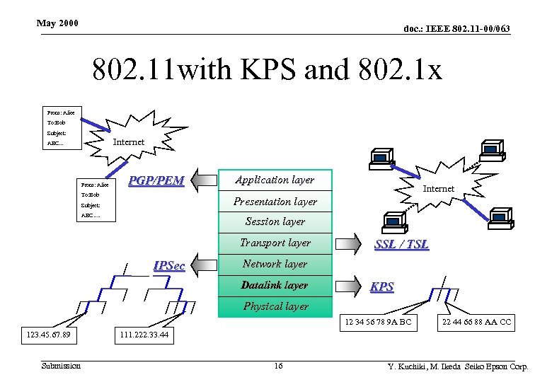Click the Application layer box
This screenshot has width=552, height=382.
pyautogui.click(x=275, y=180)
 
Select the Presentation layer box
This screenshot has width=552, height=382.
pyautogui.click(x=275, y=202)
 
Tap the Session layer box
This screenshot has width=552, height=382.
pyautogui.click(x=275, y=222)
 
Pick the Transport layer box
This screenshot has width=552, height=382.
pyautogui.click(x=275, y=243)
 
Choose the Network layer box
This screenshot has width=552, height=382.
pyautogui.click(x=275, y=265)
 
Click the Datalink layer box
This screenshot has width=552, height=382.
pyautogui.click(x=275, y=286)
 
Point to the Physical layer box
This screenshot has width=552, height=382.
pyautogui.click(x=275, y=306)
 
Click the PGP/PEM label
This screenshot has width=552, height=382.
pyautogui.click(x=156, y=181)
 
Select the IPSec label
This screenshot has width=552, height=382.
pyautogui.click(x=169, y=266)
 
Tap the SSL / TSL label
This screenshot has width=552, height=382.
pyautogui.click(x=401, y=244)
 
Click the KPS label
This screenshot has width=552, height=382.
pyautogui.click(x=382, y=287)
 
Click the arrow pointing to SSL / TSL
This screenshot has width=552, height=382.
pyautogui.click(x=347, y=244)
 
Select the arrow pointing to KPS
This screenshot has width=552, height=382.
pyautogui.click(x=347, y=286)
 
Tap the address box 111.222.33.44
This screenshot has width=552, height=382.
pyautogui.click(x=144, y=335)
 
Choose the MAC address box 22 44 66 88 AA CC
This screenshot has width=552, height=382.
pyautogui.click(x=476, y=323)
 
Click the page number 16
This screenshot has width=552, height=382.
pyautogui.click(x=278, y=366)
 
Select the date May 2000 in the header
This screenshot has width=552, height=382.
pyautogui.click(x=57, y=24)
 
